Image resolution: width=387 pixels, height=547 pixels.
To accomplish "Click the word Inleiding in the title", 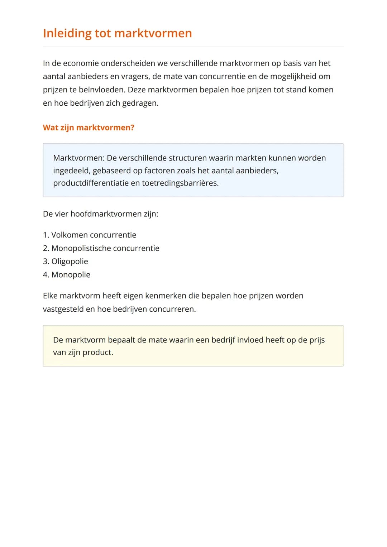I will [x=67, y=33].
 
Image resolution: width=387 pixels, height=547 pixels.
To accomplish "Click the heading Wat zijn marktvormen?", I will [x=89, y=128].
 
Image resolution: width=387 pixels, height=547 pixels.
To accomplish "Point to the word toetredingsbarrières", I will [x=180, y=183].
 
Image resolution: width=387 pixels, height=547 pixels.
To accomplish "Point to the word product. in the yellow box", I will [x=98, y=352].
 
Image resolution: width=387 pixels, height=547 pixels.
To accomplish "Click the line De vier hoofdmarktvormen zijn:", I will [x=100, y=214].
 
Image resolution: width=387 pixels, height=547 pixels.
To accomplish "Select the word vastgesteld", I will [x=63, y=309].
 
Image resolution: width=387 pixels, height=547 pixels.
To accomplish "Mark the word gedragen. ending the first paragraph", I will [x=140, y=103].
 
